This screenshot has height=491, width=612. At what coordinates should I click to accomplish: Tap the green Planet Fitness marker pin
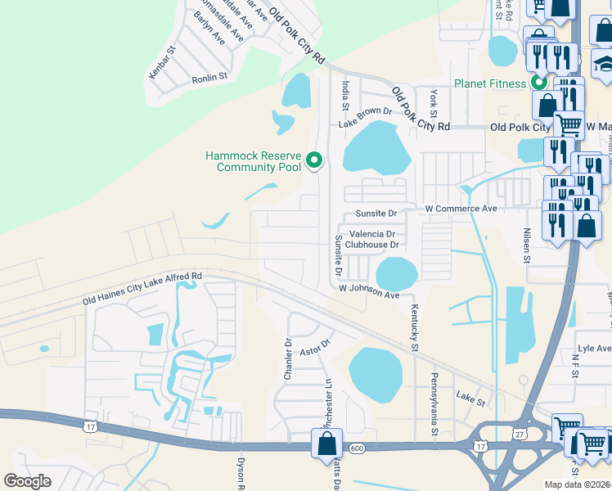539,83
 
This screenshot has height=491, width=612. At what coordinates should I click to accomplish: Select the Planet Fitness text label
491,83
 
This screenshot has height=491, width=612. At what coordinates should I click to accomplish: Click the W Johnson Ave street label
369,291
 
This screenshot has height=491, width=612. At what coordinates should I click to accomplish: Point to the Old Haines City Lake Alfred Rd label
142,290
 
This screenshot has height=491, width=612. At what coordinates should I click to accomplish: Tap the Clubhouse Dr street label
371,244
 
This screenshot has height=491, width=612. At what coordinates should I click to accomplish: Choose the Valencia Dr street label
372,233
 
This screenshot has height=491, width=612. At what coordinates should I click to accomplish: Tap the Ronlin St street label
209,79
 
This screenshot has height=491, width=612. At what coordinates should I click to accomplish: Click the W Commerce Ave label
461,209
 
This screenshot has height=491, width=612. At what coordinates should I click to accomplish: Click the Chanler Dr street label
288,358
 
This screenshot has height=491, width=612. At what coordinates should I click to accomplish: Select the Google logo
28,480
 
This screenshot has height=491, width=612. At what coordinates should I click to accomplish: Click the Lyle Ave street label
593,349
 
